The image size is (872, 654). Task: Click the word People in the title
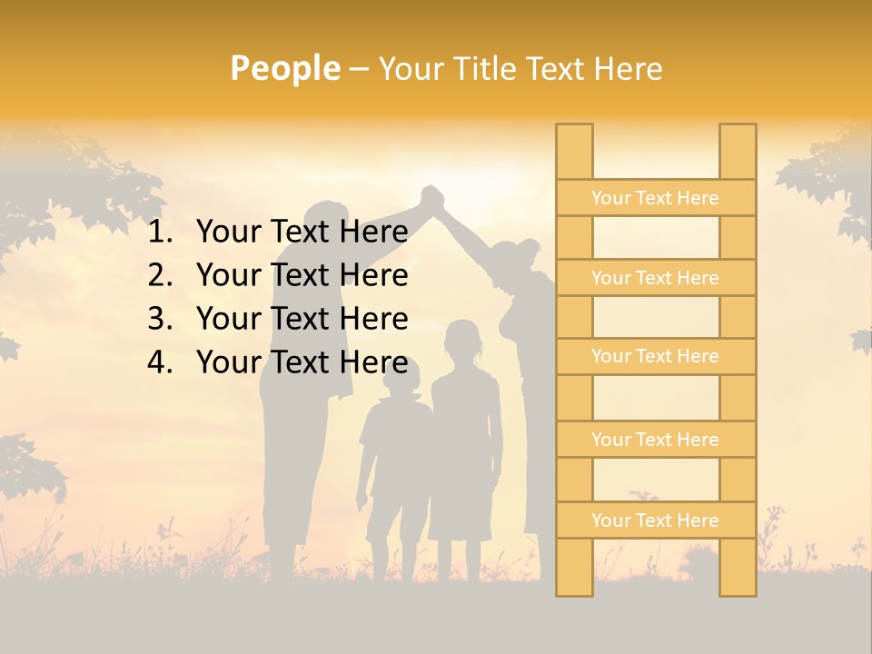285,68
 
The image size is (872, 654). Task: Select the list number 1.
160,233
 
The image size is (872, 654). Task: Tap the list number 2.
160,276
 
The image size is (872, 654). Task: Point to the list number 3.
160,320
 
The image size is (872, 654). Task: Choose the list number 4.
160,363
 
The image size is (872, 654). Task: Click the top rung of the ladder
655,198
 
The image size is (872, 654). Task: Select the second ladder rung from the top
655,278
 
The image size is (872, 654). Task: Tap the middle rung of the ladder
655,356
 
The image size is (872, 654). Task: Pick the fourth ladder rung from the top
655,440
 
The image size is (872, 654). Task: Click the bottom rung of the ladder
655,520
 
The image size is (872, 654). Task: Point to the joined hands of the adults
431,197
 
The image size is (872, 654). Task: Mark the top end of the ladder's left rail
574,128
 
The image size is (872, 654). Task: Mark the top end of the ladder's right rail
738,128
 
